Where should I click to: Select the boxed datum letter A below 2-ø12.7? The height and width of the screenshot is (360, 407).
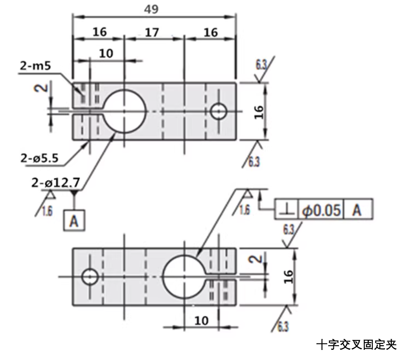tap(74, 220)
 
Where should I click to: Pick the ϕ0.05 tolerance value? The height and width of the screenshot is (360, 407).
tap(321, 209)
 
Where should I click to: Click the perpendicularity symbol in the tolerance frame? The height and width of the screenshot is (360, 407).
tap(287, 209)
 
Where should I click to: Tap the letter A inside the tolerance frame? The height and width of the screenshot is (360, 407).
tap(357, 209)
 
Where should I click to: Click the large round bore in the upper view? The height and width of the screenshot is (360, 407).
tap(125, 111)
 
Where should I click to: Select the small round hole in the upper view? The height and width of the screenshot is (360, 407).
tap(219, 111)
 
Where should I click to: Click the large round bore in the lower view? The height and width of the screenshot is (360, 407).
tap(183, 277)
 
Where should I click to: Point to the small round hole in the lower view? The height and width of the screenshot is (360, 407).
tap(90, 277)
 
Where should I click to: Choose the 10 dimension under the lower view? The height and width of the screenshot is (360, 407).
tap(202, 321)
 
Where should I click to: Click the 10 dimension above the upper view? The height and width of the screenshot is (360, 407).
tap(106, 54)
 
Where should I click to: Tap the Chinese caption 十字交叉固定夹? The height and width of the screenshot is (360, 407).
tap(356, 345)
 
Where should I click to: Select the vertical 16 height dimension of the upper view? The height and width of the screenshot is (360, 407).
tap(259, 111)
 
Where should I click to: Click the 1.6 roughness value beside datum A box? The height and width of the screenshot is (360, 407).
tap(47, 211)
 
